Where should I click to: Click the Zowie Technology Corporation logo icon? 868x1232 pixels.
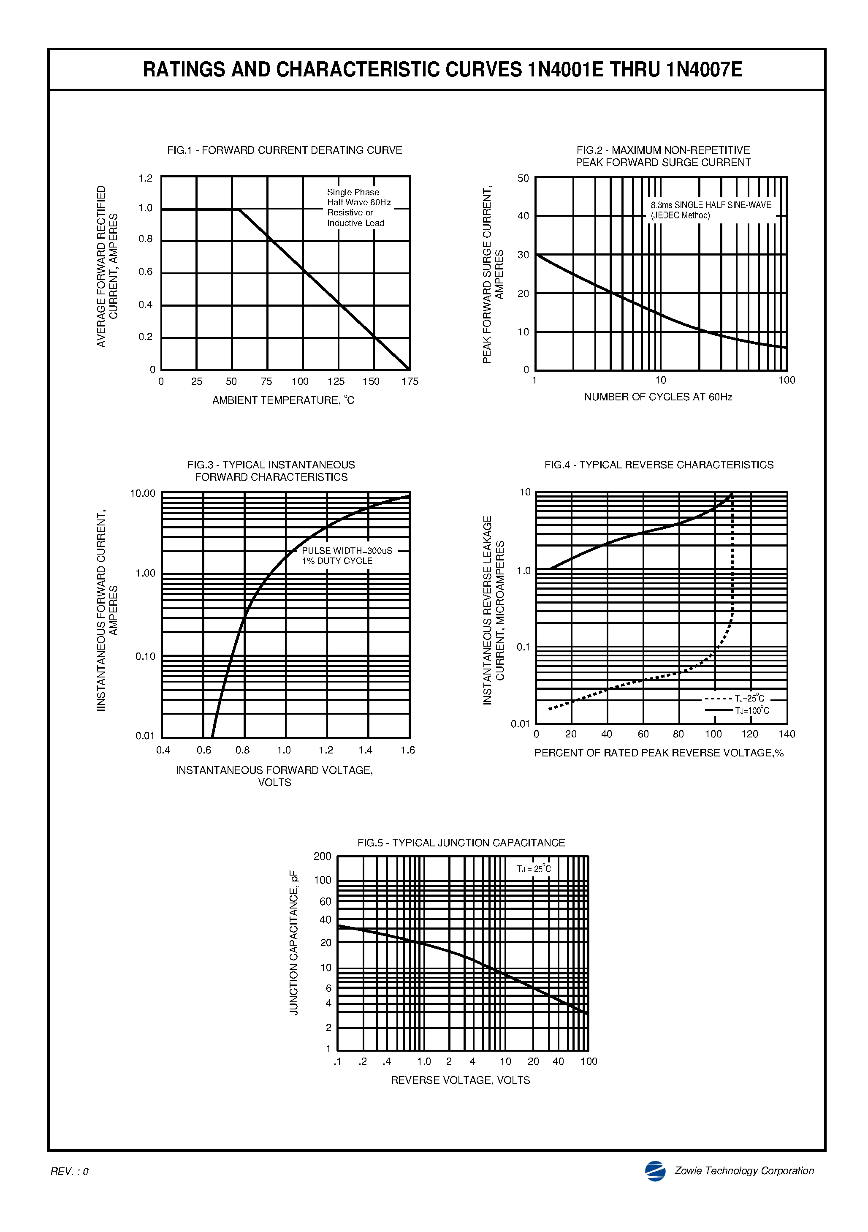tap(655, 1171)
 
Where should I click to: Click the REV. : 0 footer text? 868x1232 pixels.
tap(69, 1171)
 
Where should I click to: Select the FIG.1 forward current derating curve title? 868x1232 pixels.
tap(284, 150)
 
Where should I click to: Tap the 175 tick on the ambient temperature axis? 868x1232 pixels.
tap(410, 381)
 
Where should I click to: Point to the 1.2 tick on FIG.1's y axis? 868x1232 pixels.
tap(145, 178)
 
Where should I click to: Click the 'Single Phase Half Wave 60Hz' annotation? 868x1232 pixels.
tap(358, 197)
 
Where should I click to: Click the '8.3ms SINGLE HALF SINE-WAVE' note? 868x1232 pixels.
tap(711, 205)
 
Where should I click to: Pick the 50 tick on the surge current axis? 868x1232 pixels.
tap(523, 178)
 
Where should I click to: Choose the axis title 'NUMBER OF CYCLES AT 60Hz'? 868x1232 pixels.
tap(658, 397)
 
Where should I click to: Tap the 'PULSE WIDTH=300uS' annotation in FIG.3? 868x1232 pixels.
tap(347, 551)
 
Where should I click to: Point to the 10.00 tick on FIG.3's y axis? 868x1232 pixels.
tap(143, 493)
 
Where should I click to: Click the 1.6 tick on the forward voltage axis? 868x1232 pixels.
tap(408, 750)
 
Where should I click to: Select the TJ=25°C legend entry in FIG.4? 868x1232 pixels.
tap(749, 699)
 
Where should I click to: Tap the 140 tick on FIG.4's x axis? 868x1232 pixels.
tap(787, 734)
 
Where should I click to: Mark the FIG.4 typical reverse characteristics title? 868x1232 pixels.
tap(659, 465)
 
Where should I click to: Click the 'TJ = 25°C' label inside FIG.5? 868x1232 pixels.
tap(534, 869)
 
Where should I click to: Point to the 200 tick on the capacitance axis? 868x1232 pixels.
tap(323, 857)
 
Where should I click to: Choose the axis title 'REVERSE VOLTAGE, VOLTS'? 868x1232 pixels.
tap(460, 1080)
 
